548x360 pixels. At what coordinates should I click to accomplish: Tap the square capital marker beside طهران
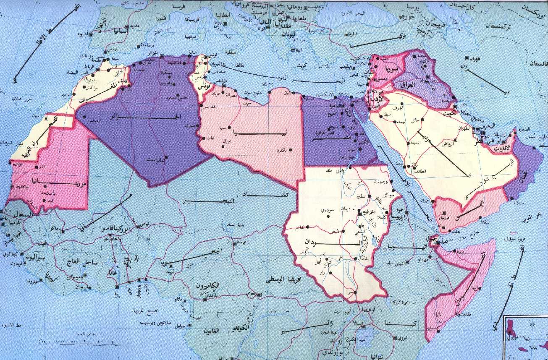(x=467, y=58)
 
